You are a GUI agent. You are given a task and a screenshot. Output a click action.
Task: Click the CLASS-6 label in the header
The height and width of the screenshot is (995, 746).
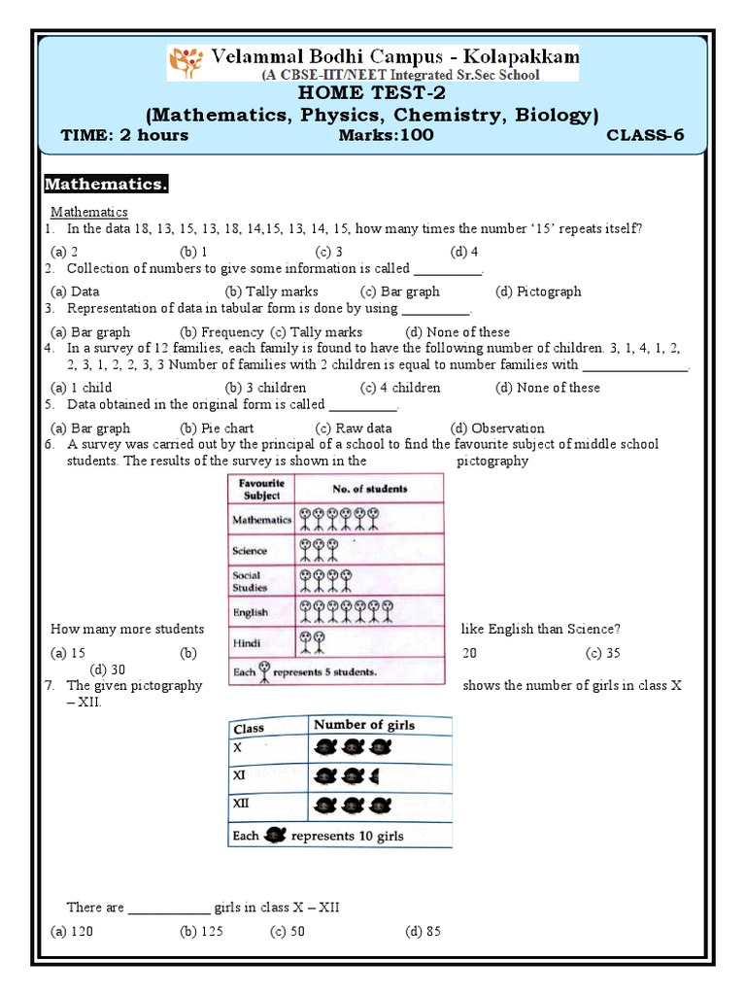[x=645, y=135]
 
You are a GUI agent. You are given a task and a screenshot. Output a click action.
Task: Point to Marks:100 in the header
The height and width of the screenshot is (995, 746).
[x=386, y=135]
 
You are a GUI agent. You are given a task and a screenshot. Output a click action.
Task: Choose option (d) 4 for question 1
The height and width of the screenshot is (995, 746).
[x=464, y=251]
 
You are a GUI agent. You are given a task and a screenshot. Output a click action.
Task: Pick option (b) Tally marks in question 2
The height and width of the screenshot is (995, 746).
[x=271, y=291]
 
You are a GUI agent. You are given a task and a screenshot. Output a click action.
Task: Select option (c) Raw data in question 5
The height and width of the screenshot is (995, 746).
[x=354, y=428]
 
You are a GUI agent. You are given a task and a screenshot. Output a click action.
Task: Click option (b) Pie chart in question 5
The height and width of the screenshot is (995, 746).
[x=217, y=428]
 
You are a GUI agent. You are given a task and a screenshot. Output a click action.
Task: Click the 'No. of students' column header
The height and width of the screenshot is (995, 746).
[x=369, y=489]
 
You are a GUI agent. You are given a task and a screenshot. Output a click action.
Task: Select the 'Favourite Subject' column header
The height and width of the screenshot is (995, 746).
[x=261, y=488]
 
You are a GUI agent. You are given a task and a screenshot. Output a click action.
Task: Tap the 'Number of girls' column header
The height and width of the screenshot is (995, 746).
[x=363, y=725]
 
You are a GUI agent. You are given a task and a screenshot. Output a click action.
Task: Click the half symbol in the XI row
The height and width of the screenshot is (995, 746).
[x=375, y=776]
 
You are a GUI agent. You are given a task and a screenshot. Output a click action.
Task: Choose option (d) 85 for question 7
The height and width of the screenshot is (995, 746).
[x=423, y=931]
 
